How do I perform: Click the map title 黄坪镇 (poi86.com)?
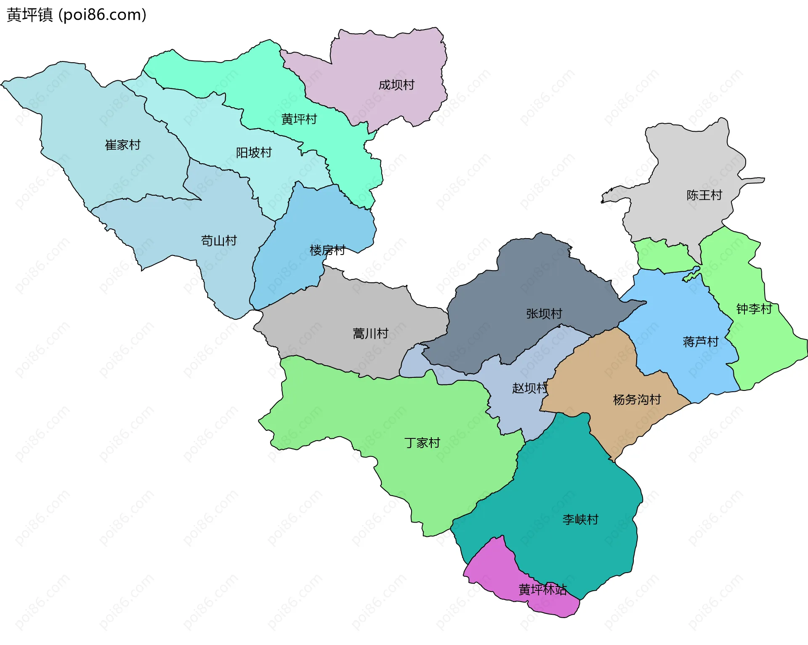pyautogui.click(x=77, y=15)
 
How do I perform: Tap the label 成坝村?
pyautogui.click(x=396, y=85)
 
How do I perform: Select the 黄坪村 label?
pyautogui.click(x=299, y=119)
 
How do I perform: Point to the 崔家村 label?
pyautogui.click(x=122, y=145)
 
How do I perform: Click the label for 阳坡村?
pyautogui.click(x=254, y=152)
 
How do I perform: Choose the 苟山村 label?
pyautogui.click(x=219, y=241)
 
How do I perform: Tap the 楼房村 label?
pyautogui.click(x=327, y=250)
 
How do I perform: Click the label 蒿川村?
pyautogui.click(x=370, y=334)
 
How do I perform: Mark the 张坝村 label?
pyautogui.click(x=544, y=313)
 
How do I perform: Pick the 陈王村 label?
pyautogui.click(x=704, y=195)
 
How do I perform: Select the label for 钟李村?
pyautogui.click(x=754, y=309)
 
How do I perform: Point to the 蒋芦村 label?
pyautogui.click(x=701, y=342)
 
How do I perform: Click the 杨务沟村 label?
pyautogui.click(x=637, y=399)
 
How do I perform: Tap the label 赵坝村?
pyautogui.click(x=530, y=388)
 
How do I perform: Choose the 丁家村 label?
pyautogui.click(x=422, y=443)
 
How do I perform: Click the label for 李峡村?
pyautogui.click(x=580, y=520)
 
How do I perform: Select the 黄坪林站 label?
pyautogui.click(x=542, y=589)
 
